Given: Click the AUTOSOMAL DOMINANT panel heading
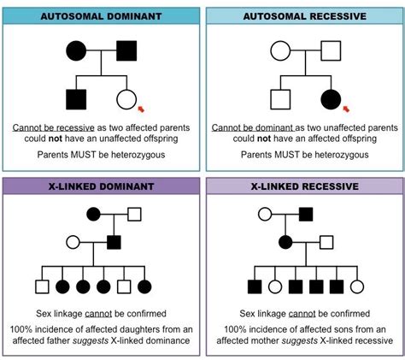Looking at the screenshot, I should (x=101, y=17).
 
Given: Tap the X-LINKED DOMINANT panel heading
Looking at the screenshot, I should (x=101, y=187).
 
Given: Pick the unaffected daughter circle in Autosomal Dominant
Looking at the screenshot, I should (x=127, y=99).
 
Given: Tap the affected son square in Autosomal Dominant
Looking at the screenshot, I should (x=76, y=99).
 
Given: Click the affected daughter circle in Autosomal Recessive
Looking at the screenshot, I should (x=329, y=99).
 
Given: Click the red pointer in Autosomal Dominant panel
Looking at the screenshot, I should (x=142, y=109).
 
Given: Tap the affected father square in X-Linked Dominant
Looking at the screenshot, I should (x=111, y=242).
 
